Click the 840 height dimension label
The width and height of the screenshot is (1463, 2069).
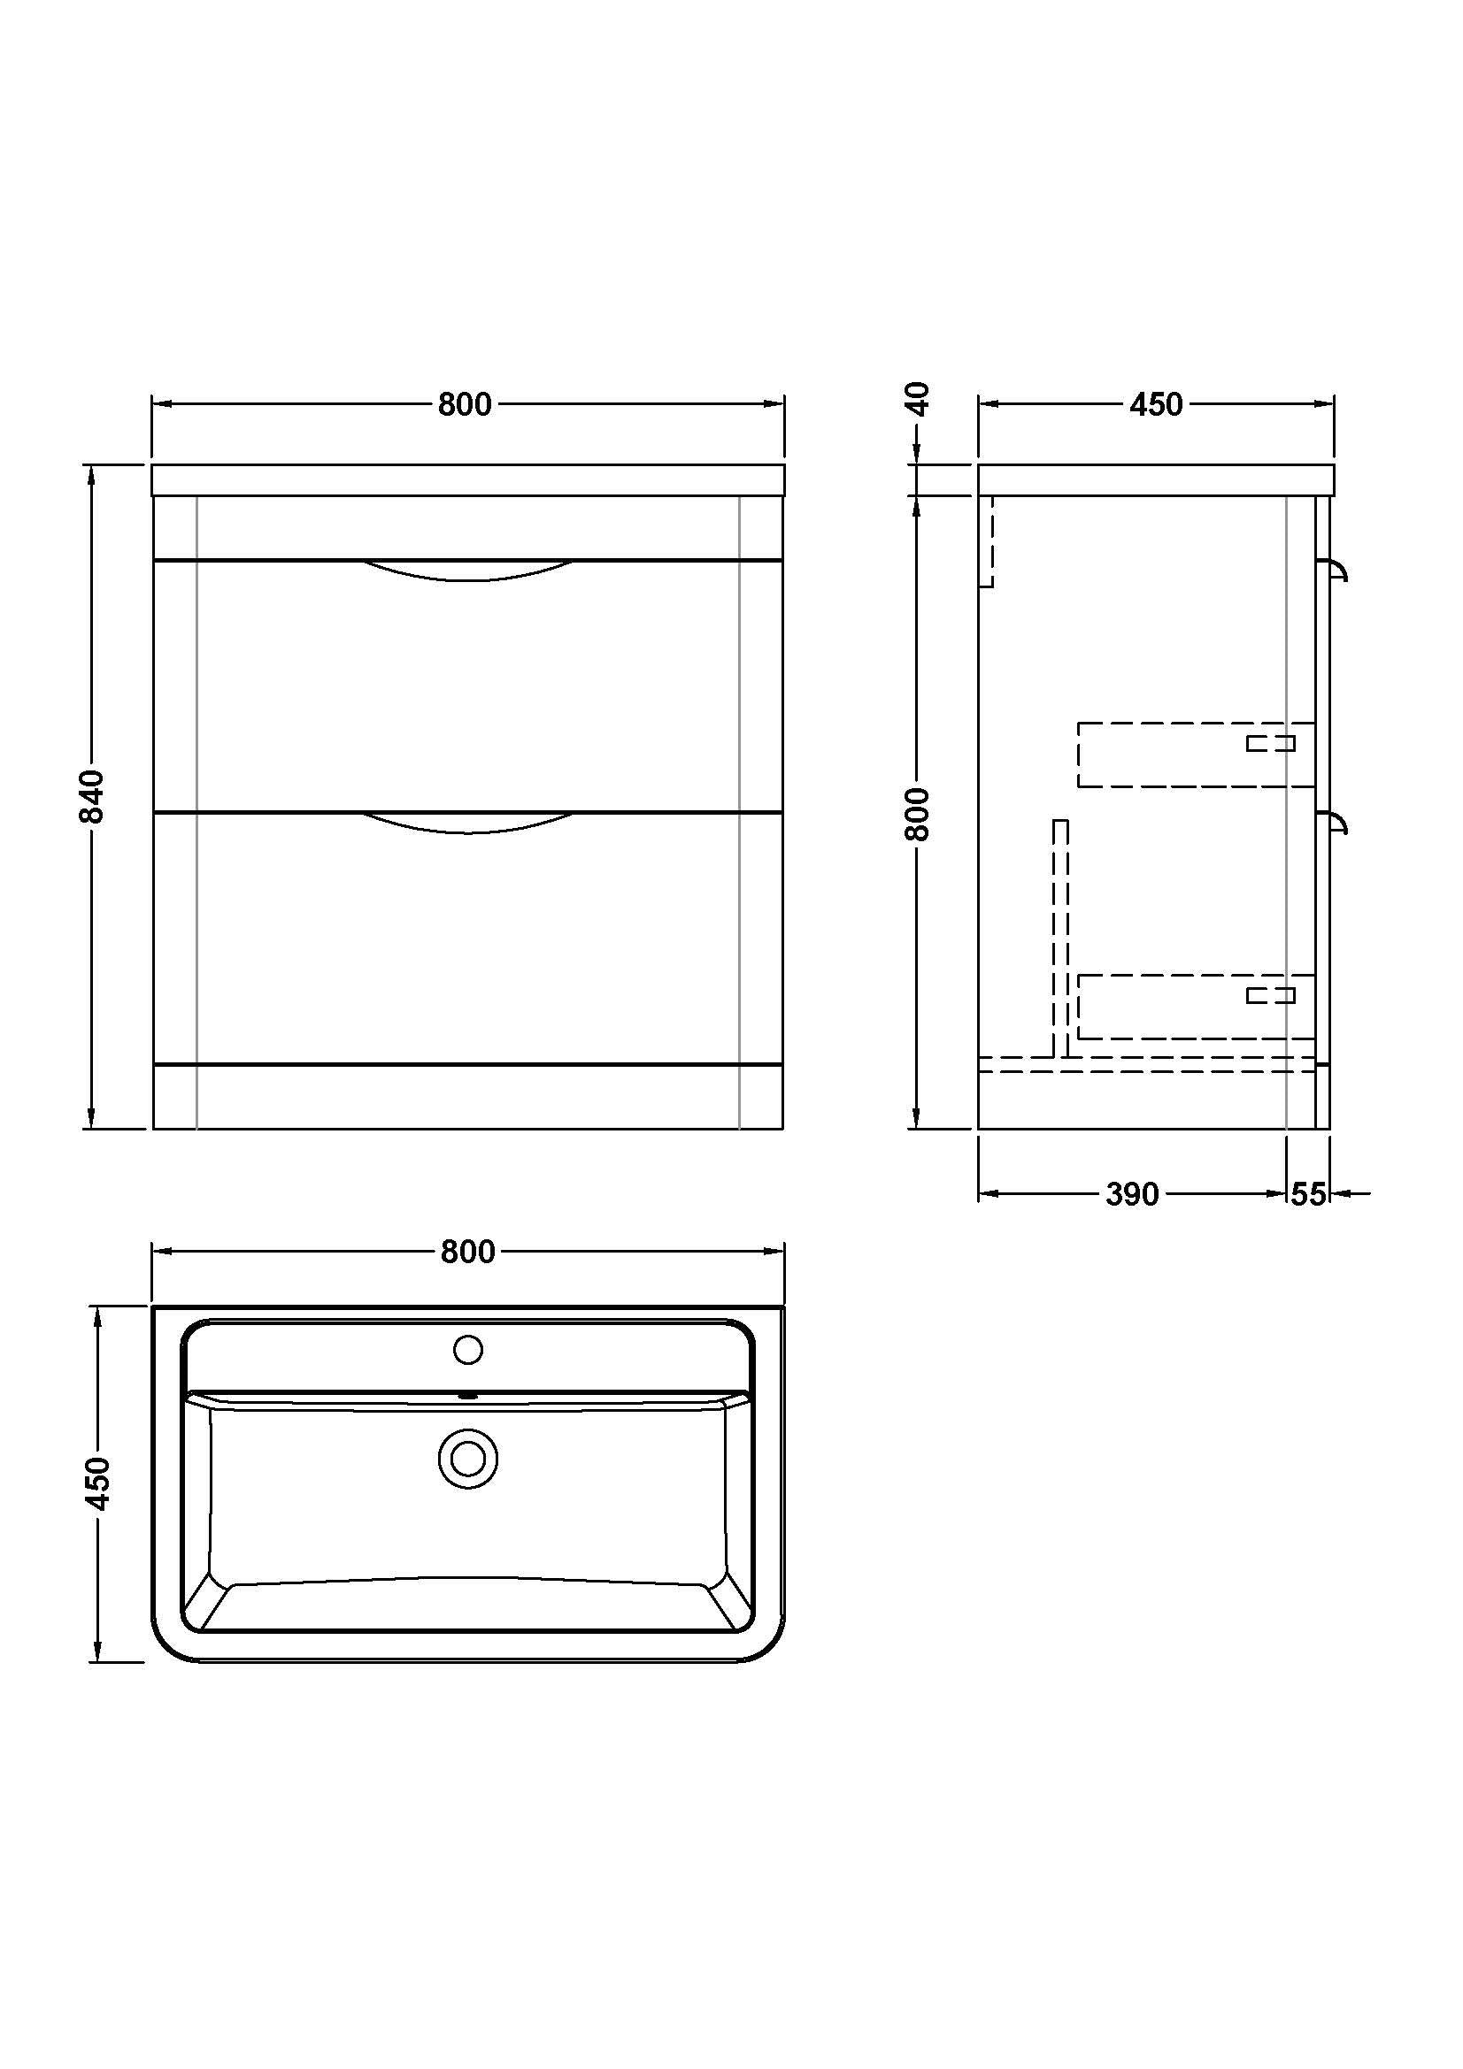(92, 797)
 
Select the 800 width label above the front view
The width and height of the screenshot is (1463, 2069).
(466, 405)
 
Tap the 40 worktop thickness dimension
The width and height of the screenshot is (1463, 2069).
(917, 398)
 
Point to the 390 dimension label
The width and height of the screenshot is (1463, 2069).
(1132, 1194)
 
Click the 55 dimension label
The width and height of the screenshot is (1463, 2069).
(1309, 1194)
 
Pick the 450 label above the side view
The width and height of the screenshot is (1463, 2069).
(1157, 405)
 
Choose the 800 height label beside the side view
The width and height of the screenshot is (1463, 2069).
(917, 814)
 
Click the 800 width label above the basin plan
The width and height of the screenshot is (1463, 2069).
(468, 1252)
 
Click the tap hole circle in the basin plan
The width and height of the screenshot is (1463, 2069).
(468, 1350)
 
